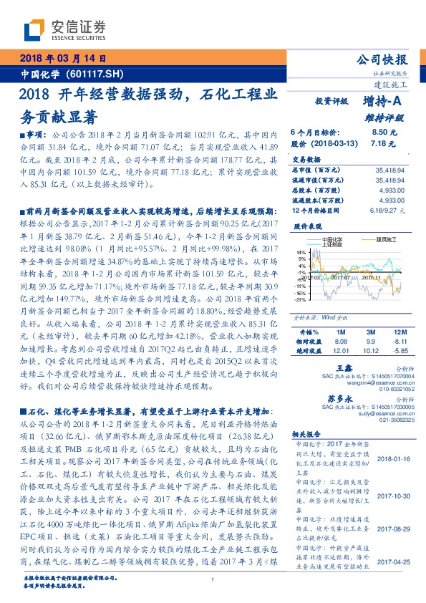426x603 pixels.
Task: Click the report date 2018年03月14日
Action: pos(63,59)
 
